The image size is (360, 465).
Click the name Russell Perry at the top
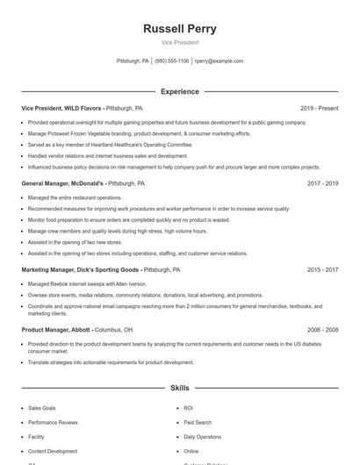tap(180, 28)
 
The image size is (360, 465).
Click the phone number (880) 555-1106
tap(171, 61)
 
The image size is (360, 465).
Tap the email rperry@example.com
tap(219, 61)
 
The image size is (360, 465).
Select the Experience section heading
tap(180, 91)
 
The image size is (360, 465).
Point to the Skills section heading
tap(180, 387)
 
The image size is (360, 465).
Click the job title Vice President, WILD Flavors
tap(61, 108)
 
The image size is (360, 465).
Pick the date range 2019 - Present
tap(319, 108)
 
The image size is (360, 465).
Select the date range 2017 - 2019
tap(322, 183)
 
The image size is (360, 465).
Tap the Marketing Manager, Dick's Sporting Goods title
tap(81, 269)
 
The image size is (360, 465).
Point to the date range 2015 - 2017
tap(322, 269)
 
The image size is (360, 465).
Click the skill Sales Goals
tap(42, 408)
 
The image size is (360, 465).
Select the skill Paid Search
tap(197, 422)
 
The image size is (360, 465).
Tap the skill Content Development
tap(53, 451)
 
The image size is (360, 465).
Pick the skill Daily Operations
tap(202, 436)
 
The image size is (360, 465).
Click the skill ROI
tap(188, 408)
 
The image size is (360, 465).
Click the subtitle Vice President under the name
tap(180, 42)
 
